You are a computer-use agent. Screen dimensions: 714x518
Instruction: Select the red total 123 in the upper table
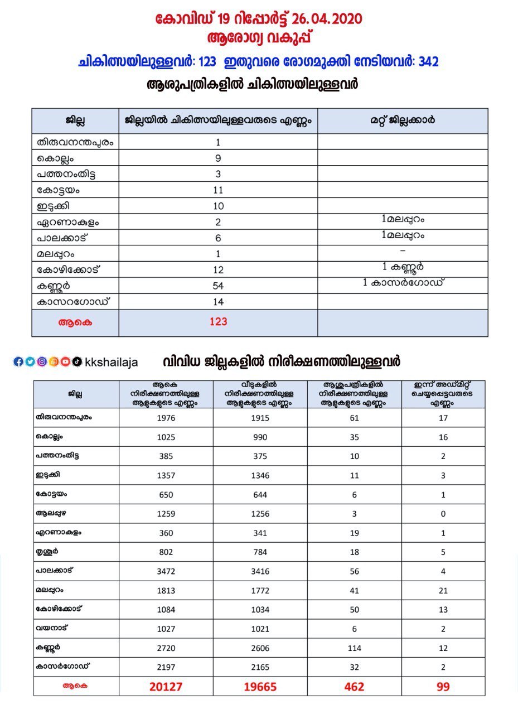click(218, 322)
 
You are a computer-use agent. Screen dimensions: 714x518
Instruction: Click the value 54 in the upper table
click(218, 286)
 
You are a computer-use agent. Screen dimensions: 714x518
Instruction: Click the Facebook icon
click(18, 361)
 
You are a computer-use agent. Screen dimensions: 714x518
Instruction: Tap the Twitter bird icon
click(30, 361)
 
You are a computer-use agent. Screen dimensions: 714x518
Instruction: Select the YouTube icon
click(65, 361)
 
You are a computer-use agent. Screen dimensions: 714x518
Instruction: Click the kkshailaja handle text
click(112, 362)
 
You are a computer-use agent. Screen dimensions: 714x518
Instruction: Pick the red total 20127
click(166, 687)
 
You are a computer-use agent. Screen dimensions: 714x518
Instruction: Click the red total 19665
click(260, 687)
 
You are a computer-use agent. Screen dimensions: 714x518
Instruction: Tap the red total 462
click(354, 687)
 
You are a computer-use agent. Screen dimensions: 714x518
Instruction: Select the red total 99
click(443, 687)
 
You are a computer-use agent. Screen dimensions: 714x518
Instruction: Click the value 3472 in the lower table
click(166, 572)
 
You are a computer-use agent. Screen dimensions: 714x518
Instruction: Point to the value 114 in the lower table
click(354, 648)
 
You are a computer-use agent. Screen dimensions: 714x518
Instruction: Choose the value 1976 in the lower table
click(166, 418)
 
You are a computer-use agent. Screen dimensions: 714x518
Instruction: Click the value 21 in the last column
click(443, 591)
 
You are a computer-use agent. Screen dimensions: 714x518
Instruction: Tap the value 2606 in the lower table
click(260, 648)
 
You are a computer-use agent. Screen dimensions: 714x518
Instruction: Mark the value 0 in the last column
click(443, 514)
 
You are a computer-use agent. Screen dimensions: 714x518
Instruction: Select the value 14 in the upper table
click(218, 302)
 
